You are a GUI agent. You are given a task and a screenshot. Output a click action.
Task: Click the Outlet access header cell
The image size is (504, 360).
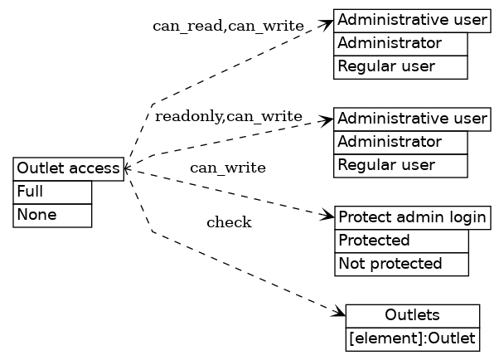69,169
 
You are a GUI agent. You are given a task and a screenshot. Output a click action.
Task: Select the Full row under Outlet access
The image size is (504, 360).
52,192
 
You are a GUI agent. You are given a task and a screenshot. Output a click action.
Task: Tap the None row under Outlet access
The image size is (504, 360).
52,215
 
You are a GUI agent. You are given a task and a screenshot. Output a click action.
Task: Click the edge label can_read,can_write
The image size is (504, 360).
228,26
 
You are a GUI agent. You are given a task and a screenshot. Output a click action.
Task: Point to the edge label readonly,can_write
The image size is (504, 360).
229,116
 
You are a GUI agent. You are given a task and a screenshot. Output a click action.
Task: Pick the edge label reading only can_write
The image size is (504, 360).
228,168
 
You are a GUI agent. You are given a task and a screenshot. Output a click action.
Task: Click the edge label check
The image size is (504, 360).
229,222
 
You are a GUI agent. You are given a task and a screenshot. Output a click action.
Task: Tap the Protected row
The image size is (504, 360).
401,241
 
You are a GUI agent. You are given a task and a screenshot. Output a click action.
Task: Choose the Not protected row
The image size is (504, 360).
401,265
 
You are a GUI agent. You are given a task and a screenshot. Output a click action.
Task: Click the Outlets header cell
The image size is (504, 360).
412,316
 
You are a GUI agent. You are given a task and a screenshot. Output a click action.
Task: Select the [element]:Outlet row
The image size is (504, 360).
412,339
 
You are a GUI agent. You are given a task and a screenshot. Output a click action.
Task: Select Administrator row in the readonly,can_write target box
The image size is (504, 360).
400,143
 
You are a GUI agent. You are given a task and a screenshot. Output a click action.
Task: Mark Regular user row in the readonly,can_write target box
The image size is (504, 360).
400,166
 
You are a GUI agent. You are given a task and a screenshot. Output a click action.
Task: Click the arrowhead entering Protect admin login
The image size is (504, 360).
328,216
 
